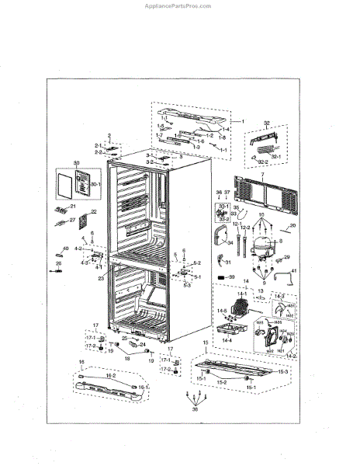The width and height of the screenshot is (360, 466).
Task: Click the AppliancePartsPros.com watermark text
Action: [x=179, y=5]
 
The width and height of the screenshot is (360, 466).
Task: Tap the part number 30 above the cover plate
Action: [x=77, y=165]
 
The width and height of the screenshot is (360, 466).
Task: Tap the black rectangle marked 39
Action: [x=222, y=276]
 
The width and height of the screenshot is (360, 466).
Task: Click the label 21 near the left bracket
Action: [x=72, y=207]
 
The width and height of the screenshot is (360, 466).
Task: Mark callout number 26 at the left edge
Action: [x=57, y=263]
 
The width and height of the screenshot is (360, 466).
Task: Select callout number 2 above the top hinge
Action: [x=110, y=135]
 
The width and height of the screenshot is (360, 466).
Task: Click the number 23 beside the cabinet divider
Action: [x=100, y=276]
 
